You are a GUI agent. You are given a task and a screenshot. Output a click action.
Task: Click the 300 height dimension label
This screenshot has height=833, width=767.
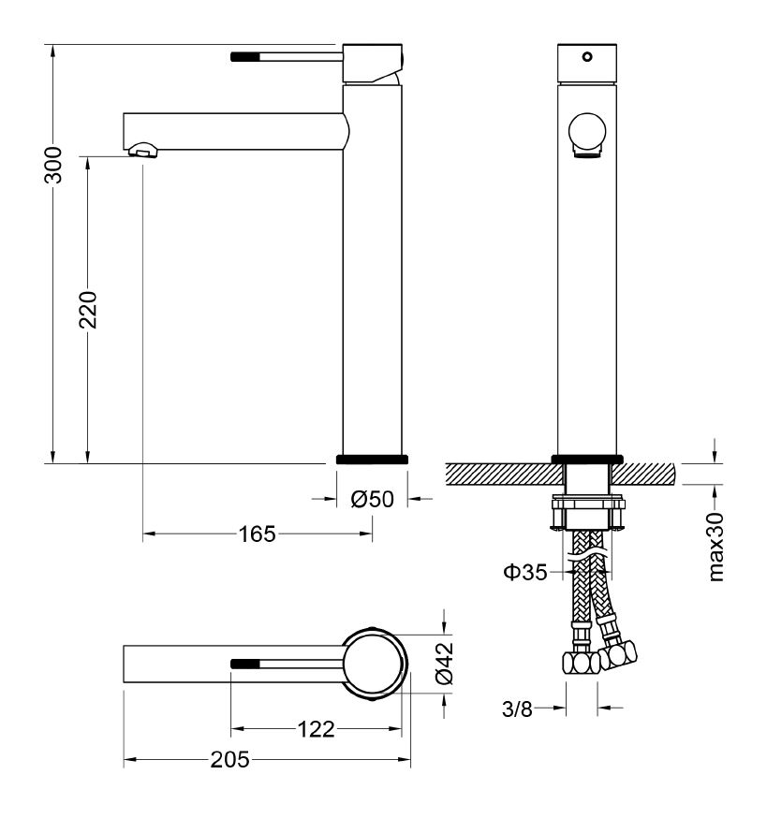pyautogui.click(x=52, y=166)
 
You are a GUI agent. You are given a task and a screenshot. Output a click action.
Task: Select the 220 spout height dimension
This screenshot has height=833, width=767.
pyautogui.click(x=88, y=309)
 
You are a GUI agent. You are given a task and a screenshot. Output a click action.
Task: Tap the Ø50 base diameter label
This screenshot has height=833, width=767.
pyautogui.click(x=372, y=499)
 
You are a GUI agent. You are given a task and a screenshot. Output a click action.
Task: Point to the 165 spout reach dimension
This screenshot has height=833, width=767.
pyautogui.click(x=257, y=533)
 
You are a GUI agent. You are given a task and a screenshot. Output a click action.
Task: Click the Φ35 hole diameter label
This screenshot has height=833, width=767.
pyautogui.click(x=525, y=572)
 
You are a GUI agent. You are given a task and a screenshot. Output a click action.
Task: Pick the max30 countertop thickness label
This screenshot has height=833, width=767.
pyautogui.click(x=716, y=547)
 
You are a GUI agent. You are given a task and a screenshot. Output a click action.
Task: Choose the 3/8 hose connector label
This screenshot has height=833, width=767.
pyautogui.click(x=517, y=709)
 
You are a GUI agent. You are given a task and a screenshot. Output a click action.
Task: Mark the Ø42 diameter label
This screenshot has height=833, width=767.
pyautogui.click(x=444, y=663)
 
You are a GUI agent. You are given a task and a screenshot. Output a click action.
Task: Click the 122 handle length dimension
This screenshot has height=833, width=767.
pyautogui.click(x=316, y=729)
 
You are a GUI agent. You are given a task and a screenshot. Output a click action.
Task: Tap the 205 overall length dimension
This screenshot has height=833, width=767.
pyautogui.click(x=229, y=760)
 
